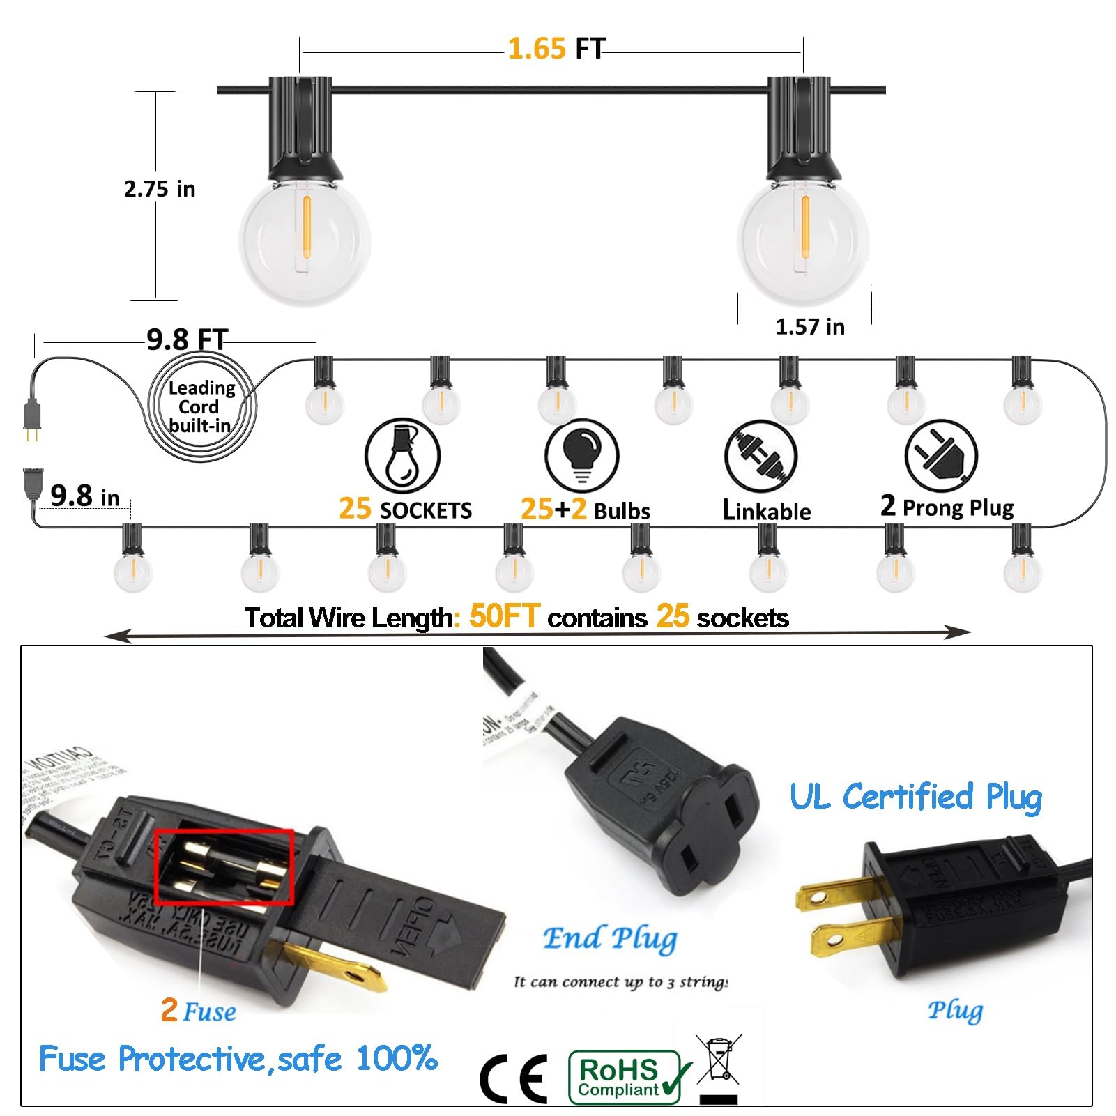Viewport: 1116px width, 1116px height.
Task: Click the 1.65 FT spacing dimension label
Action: point(556,49)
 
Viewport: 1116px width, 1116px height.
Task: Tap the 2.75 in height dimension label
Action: point(160,189)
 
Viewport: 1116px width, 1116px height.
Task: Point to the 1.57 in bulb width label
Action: point(810,327)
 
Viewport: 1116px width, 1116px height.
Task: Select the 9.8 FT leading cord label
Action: point(187,340)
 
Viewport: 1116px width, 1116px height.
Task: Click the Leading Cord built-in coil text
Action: point(201,407)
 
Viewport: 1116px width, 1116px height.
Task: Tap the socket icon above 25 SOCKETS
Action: point(402,455)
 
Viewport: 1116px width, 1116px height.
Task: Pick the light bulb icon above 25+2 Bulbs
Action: point(582,455)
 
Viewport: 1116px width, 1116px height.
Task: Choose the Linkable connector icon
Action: point(760,457)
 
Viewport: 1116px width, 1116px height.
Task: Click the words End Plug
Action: point(610,939)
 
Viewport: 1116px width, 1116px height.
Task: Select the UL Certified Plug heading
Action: point(915,797)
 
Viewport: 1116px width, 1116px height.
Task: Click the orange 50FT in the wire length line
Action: point(505,616)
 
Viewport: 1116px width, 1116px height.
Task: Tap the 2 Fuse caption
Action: point(199,1011)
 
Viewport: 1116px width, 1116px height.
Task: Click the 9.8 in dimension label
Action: point(85,496)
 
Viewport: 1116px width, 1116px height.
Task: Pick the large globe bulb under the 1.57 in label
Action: point(804,239)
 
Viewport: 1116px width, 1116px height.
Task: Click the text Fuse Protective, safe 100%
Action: point(238,1059)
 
